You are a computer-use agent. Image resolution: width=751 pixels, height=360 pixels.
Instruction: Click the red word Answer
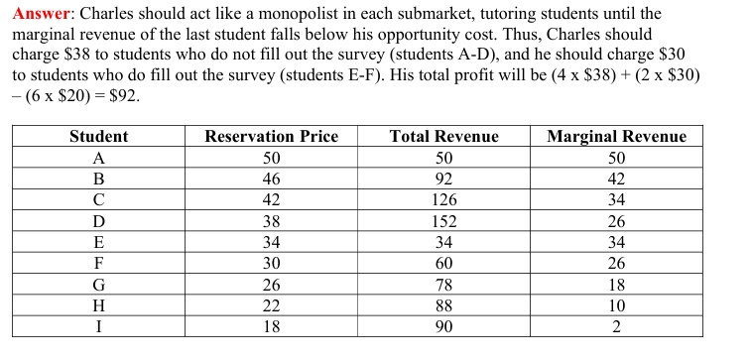pos(42,15)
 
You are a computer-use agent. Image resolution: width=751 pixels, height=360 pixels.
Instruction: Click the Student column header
pos(98,137)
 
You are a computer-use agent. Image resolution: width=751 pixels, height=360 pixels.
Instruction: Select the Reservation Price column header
pos(271,137)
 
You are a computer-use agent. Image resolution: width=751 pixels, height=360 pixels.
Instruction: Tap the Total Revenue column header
pos(443,137)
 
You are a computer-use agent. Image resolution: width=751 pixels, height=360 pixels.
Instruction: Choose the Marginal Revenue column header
pos(616,137)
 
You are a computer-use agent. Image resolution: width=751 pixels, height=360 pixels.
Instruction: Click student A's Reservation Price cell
pos(271,159)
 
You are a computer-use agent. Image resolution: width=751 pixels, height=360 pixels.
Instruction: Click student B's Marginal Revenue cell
pos(616,180)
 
